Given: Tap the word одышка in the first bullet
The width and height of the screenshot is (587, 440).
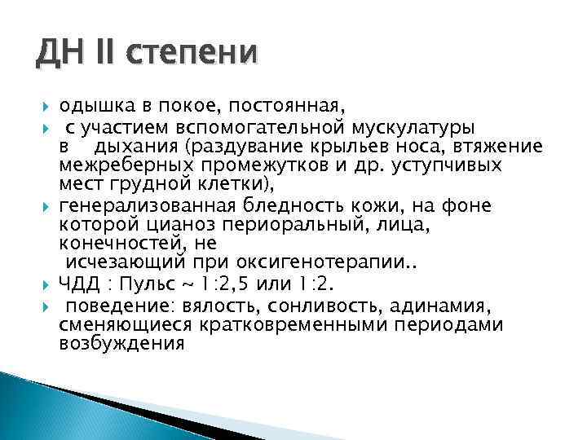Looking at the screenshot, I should [93, 107].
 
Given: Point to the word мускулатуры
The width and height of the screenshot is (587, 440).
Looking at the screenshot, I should [416, 127].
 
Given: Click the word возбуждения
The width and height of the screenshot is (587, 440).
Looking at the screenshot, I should [122, 343].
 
